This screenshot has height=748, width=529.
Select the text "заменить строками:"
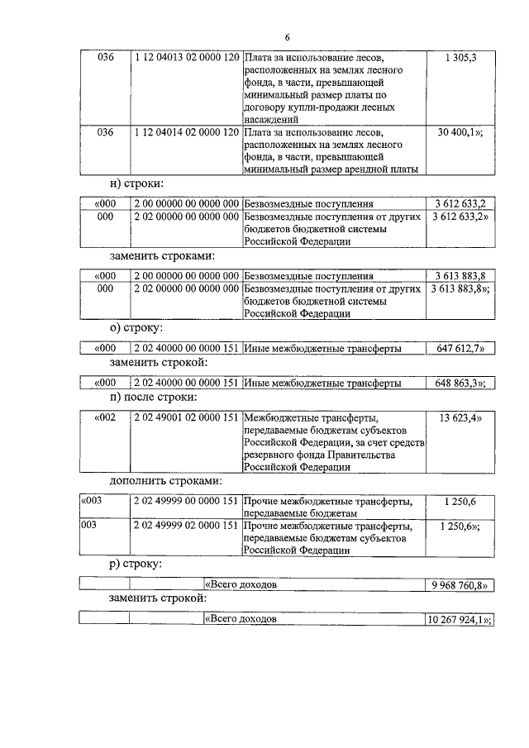161,255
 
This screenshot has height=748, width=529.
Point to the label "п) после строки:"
152,398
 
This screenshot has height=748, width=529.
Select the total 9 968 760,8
460,584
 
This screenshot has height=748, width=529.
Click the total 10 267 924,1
460,618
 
